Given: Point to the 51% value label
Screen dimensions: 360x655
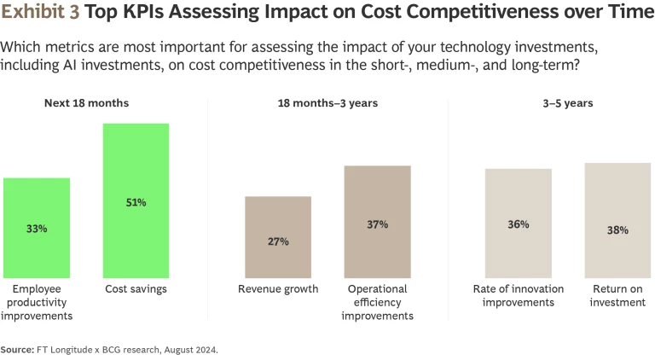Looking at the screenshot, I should pos(136,203).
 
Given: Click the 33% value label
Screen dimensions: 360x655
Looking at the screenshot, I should pos(37,229).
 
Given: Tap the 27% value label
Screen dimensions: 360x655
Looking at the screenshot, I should pos(278,241).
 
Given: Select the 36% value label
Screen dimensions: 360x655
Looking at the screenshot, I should pos(519,224).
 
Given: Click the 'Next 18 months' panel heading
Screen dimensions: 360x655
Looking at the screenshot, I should pos(86,103).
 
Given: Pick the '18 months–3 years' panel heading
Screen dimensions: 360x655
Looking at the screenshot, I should pos(327,103).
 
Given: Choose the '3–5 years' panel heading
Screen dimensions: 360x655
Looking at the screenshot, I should pos(568,103).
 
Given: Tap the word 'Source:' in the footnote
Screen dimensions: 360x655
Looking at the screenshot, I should pos(16,349).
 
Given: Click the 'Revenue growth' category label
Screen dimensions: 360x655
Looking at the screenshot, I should pos(278,289).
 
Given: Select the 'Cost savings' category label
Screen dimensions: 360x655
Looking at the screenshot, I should pos(136,289).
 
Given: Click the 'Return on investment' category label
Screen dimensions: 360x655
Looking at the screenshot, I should pos(618,295).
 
